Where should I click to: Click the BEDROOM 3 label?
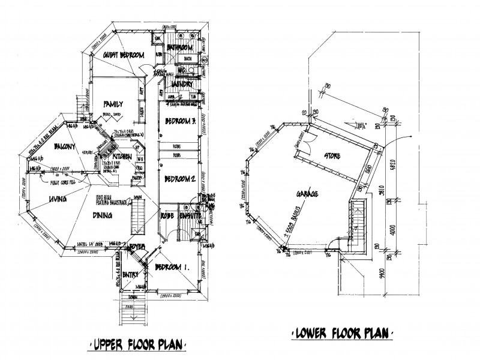click(x=181, y=124)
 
